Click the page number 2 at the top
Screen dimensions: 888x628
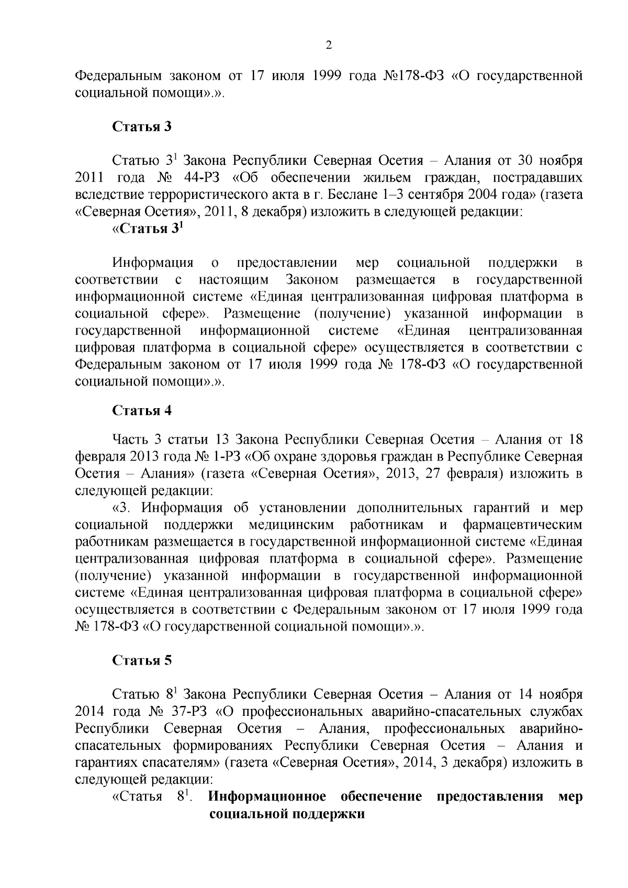pos(328,46)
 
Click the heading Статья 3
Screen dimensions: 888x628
pos(142,126)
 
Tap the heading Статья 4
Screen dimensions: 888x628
pos(142,410)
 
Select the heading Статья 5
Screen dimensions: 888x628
pos(142,660)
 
